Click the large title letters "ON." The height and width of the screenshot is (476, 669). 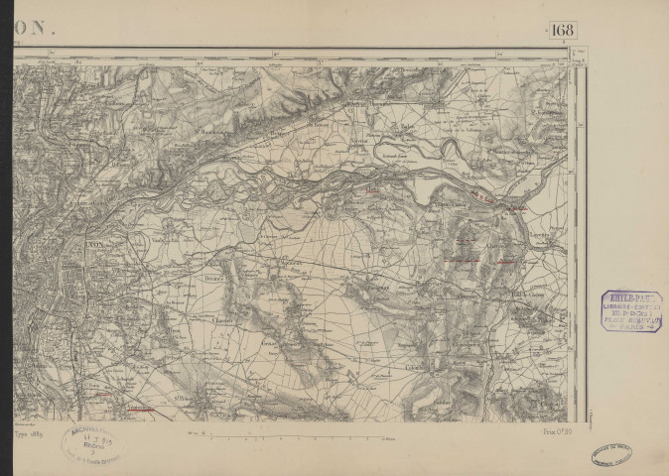32,29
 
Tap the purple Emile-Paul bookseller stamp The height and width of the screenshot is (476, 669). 631,311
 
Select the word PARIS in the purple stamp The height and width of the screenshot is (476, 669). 631,327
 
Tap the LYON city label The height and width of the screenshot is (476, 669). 97,242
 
